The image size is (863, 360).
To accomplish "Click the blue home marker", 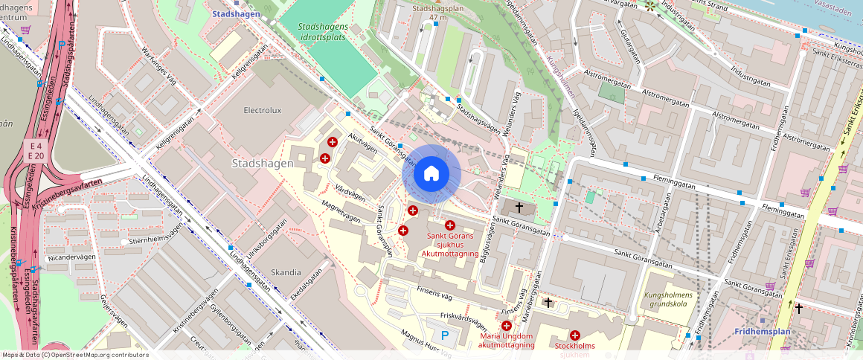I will [x=431, y=174].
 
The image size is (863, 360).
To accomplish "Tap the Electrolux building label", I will [x=263, y=110].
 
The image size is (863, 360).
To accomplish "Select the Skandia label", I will [x=286, y=272].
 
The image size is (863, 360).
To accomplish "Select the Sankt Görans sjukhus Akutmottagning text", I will [x=450, y=245].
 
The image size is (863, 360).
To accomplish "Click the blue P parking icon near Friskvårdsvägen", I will [x=445, y=335].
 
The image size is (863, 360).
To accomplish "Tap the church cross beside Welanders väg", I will [x=519, y=208].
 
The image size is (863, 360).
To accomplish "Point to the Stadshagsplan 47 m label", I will [x=437, y=12].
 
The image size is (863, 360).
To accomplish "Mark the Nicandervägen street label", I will [x=71, y=257].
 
